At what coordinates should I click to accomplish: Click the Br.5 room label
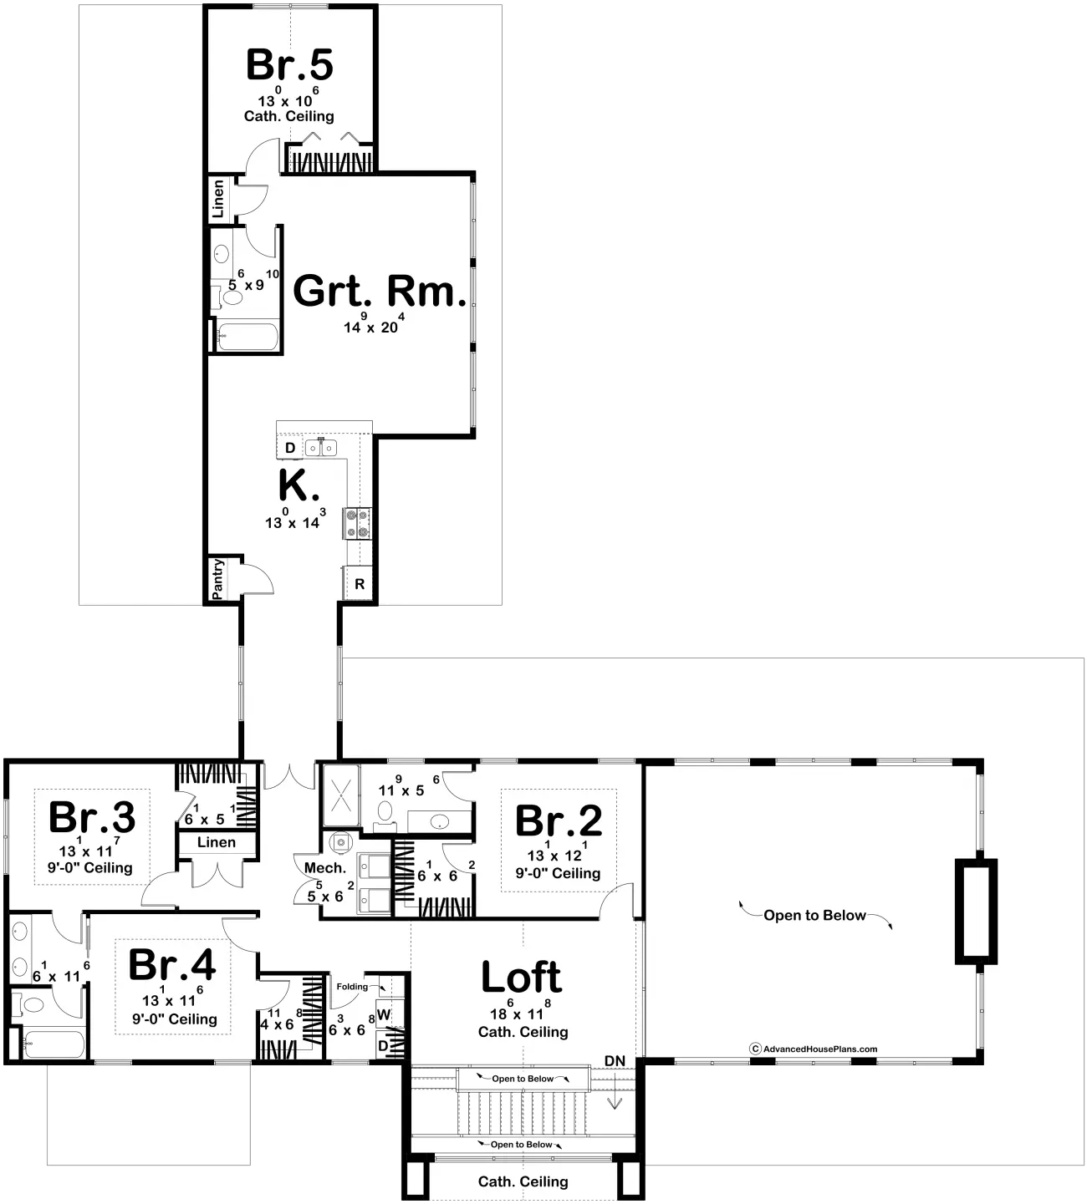289,65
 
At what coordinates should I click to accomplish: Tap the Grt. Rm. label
379,292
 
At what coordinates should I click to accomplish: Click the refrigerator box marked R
360,584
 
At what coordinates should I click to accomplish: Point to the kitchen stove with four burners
357,523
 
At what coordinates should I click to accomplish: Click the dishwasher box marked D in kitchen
289,448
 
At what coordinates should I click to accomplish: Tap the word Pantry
217,579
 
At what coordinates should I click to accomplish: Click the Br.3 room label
92,817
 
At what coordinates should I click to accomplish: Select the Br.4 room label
171,965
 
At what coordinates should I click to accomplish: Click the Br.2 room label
558,821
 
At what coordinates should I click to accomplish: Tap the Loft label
522,977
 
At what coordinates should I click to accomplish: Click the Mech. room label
325,868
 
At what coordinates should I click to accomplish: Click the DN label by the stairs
615,1061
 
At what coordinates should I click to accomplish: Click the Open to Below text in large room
814,916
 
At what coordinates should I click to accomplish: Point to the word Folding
352,987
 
